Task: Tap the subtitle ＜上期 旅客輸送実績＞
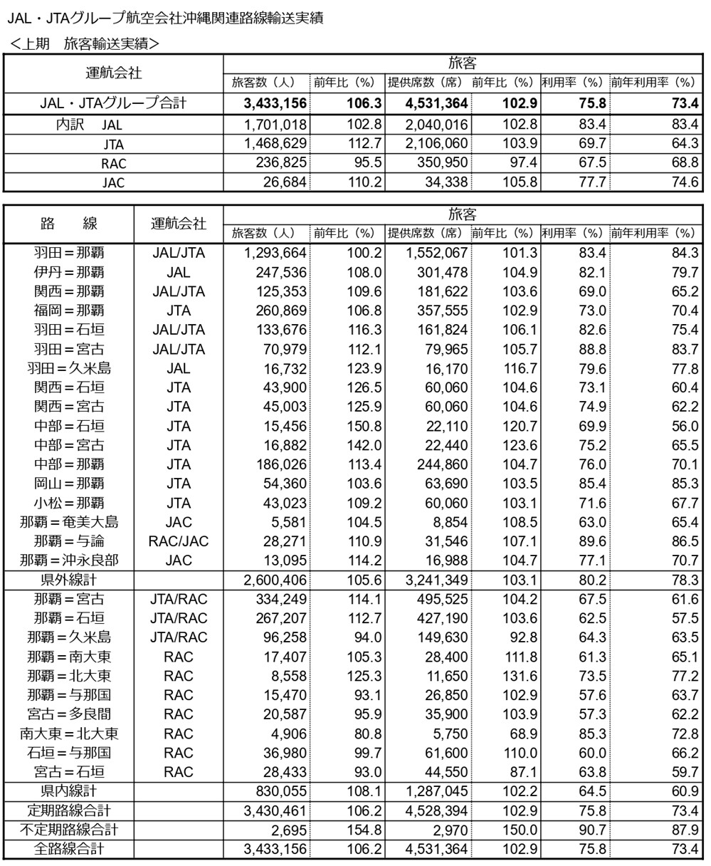(x=85, y=43)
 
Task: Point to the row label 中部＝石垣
(x=69, y=426)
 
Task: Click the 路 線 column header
(x=69, y=223)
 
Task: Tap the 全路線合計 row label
(x=69, y=849)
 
